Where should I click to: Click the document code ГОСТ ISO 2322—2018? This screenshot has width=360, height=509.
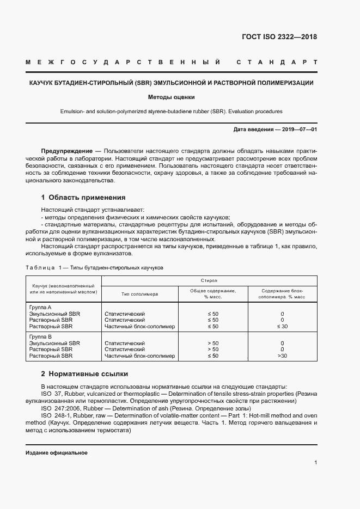279,38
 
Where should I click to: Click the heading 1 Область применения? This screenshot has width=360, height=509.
83,198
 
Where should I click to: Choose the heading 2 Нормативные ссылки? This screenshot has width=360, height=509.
84,374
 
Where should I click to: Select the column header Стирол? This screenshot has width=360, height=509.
209,280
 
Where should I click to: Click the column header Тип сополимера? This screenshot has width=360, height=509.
139,294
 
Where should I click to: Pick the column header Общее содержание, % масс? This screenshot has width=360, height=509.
212,294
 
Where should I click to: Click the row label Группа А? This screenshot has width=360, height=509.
40,308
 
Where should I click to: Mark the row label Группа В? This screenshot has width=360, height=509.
40,337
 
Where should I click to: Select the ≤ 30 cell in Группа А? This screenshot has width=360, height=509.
282,327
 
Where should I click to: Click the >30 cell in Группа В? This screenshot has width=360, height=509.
282,356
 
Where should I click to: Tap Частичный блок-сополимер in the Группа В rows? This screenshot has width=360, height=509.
139,356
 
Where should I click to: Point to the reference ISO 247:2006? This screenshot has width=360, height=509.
61,408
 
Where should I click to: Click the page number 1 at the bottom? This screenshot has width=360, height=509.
315,463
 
